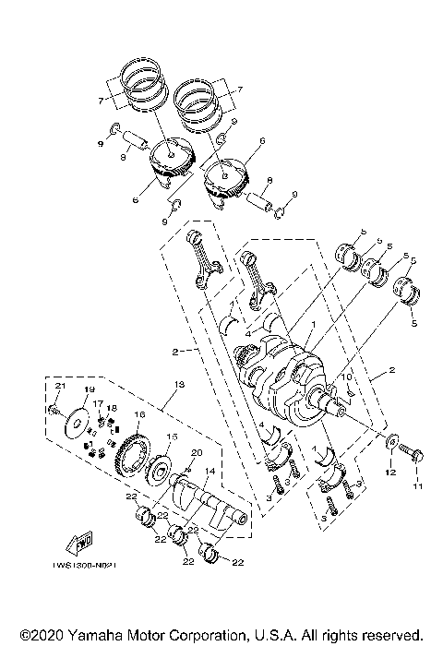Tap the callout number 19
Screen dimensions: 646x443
(90, 391)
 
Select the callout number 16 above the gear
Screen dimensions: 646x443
(140, 415)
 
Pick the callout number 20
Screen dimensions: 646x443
(195, 452)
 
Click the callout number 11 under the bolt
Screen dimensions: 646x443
(416, 485)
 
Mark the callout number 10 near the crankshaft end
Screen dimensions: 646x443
(348, 377)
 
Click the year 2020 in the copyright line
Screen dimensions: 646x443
(42, 637)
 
